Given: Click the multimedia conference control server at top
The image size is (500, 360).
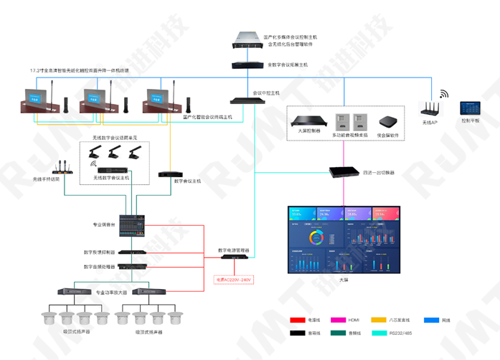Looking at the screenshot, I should (x=248, y=42).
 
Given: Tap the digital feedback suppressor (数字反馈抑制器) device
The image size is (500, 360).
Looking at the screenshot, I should (x=133, y=252).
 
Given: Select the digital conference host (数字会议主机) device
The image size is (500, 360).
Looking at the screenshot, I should (x=171, y=174).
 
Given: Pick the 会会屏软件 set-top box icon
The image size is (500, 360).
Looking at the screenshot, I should (x=388, y=120).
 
